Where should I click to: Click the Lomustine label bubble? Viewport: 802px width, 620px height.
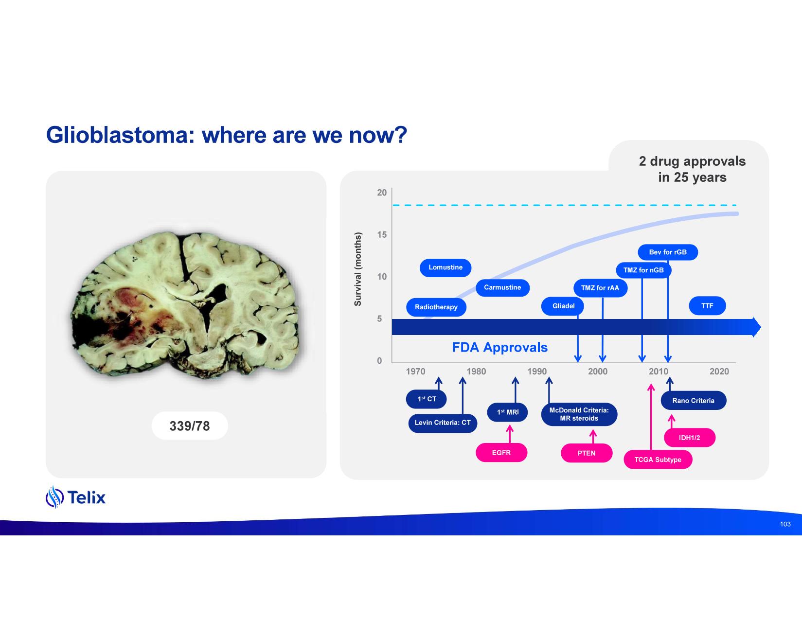point(446,267)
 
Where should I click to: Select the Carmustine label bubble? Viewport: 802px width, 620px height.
point(502,287)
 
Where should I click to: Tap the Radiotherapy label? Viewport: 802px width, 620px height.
point(436,307)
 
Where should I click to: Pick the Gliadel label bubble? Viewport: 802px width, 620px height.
point(563,306)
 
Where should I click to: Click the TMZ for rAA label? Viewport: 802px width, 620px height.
point(600,288)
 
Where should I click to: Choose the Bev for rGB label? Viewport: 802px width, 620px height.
point(668,252)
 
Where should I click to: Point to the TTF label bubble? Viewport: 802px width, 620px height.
point(707,306)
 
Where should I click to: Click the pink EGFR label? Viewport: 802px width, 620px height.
point(501,453)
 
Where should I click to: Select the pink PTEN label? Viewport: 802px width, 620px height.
point(587,453)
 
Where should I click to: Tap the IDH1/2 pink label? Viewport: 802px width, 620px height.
point(690,438)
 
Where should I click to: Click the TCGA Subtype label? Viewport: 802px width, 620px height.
point(658,460)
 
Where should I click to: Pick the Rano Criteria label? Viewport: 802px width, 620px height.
point(693,401)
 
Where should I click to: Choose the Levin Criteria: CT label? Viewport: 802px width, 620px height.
point(443,423)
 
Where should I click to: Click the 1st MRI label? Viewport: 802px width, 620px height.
point(507,412)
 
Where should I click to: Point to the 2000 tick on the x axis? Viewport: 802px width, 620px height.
point(598,372)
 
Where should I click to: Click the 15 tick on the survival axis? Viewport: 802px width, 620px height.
point(382,235)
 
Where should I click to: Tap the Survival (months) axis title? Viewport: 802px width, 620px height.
point(358,269)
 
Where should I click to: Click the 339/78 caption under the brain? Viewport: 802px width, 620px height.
point(190,426)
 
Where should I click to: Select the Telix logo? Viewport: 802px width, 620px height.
point(76,497)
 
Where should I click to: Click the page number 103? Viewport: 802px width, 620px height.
point(785,524)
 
